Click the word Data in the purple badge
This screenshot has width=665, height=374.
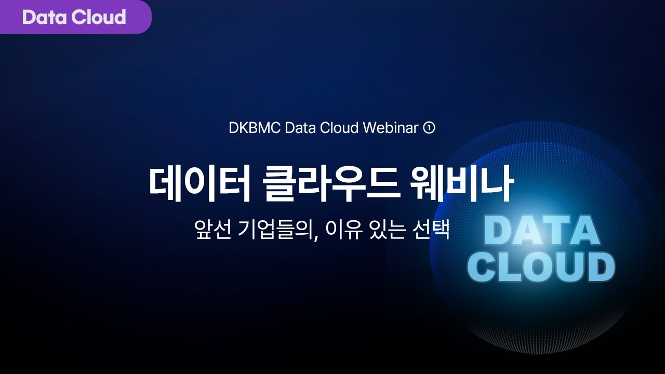[x=45, y=17]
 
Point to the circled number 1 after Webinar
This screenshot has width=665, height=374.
[x=429, y=128]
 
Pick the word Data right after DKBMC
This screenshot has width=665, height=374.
[x=300, y=128]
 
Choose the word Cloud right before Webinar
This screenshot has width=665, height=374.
[x=340, y=128]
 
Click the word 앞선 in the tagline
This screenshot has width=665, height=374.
[x=210, y=230]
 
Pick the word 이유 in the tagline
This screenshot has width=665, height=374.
[x=340, y=230]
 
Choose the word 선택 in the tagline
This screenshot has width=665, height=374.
[x=431, y=230]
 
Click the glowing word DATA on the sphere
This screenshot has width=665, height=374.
[x=541, y=230]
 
